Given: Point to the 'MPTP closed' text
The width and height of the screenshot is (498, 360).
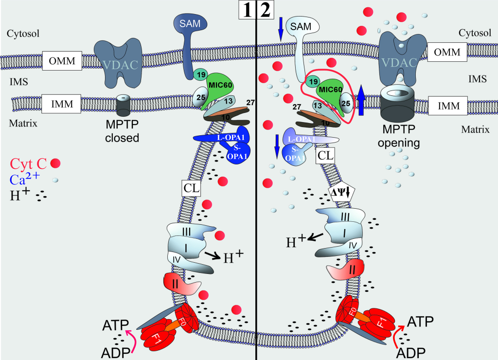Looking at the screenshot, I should [122, 132].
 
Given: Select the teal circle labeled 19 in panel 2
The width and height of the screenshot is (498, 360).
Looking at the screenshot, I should [314, 82].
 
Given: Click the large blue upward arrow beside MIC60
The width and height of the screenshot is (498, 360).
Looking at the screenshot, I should [361, 99].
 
